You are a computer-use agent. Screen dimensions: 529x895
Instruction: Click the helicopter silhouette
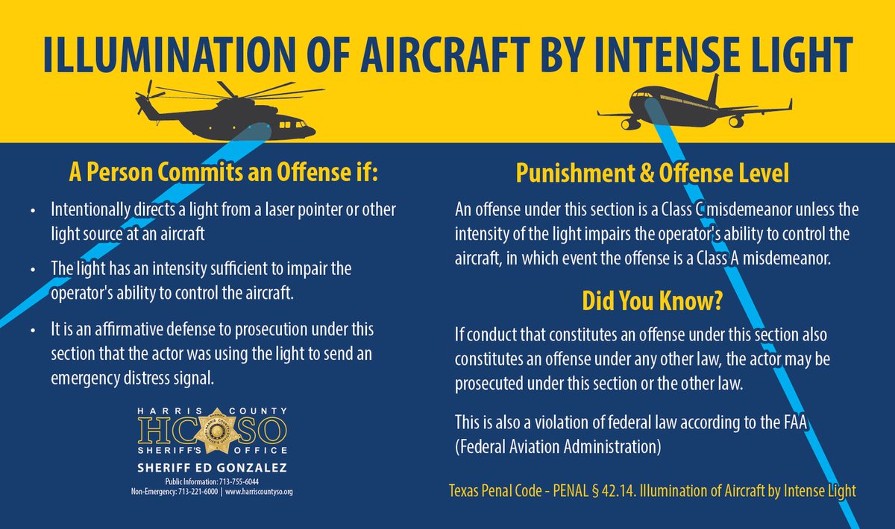(x=224, y=115)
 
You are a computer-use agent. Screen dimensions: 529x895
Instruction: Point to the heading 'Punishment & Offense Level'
(x=652, y=175)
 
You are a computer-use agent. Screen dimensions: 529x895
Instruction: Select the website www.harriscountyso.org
(x=259, y=492)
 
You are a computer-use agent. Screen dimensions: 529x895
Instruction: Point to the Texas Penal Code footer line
(x=651, y=491)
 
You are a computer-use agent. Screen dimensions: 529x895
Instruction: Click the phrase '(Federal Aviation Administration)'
(x=558, y=448)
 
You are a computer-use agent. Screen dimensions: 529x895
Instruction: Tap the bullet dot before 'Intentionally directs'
(x=32, y=211)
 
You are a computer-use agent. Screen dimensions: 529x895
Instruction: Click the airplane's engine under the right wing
(x=736, y=121)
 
